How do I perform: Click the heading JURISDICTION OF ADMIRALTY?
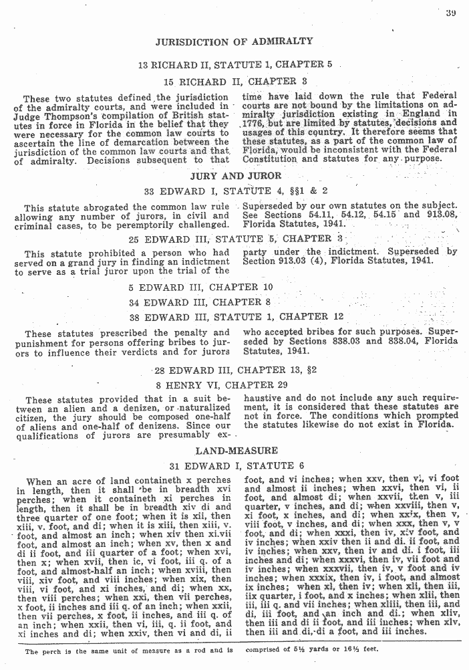tap(234, 41)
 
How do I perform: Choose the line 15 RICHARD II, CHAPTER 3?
tap(234, 82)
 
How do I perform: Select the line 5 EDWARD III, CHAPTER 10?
tap(234, 287)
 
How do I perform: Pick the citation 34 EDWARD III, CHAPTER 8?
tap(234, 302)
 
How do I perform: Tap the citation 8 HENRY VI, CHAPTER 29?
tap(234, 385)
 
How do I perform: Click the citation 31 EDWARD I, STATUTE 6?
tap(234, 466)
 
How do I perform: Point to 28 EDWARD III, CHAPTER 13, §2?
tap(234, 370)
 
